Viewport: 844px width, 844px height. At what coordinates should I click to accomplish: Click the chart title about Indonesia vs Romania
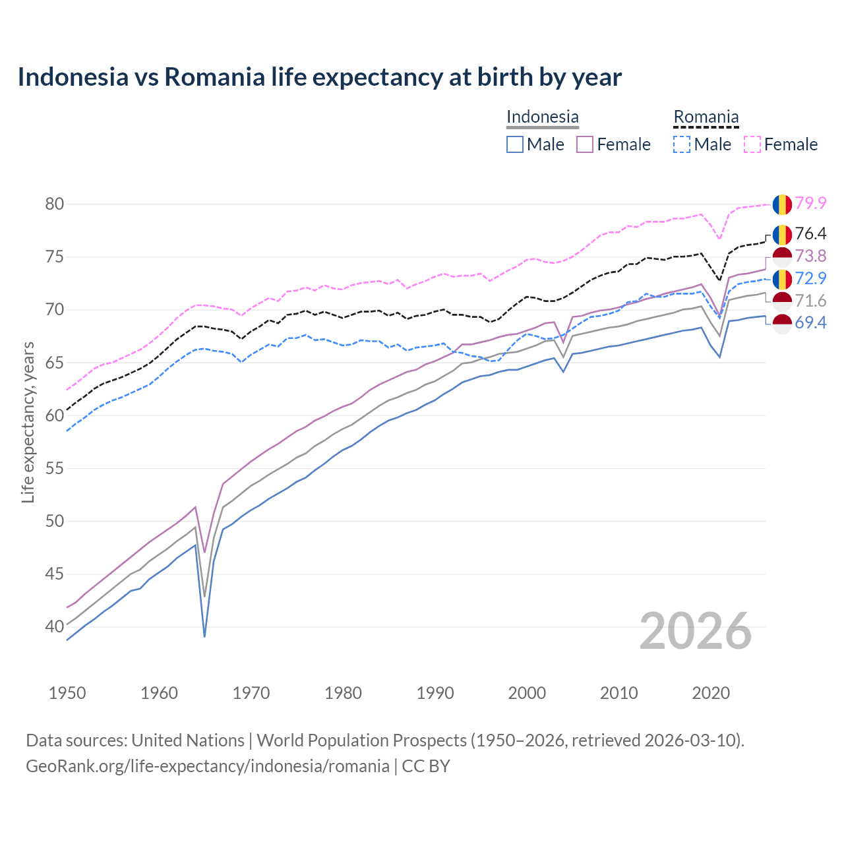tap(319, 77)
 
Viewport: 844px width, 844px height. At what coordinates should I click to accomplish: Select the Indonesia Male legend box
tap(515, 144)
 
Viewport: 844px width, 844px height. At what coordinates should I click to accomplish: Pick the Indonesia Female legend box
tap(585, 144)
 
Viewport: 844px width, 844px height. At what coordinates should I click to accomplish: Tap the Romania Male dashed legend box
tap(682, 144)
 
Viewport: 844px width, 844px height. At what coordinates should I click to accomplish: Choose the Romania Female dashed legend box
tap(752, 144)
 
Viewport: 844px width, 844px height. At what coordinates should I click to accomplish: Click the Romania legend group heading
tap(706, 117)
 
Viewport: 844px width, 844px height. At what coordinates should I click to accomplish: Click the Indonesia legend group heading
tap(542, 117)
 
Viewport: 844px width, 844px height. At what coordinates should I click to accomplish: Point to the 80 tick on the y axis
tap(54, 204)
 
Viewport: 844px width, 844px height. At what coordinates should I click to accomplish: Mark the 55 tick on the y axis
tap(54, 468)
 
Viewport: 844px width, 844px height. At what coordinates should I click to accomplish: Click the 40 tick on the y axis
tap(54, 626)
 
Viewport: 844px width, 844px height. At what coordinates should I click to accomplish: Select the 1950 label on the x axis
tap(67, 693)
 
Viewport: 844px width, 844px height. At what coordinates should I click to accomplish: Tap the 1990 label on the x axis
tap(435, 693)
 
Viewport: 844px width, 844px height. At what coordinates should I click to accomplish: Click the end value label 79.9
tap(810, 203)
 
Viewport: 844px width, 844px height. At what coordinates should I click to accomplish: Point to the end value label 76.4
tap(810, 233)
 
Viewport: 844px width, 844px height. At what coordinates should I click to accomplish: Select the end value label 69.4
tap(810, 322)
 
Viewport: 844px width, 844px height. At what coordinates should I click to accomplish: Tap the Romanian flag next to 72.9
tap(782, 279)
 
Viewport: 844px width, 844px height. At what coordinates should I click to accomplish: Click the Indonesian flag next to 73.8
tap(782, 256)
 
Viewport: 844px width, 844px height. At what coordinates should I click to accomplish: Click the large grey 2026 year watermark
tap(695, 631)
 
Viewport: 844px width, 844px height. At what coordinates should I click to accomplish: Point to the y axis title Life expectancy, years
tap(28, 422)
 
